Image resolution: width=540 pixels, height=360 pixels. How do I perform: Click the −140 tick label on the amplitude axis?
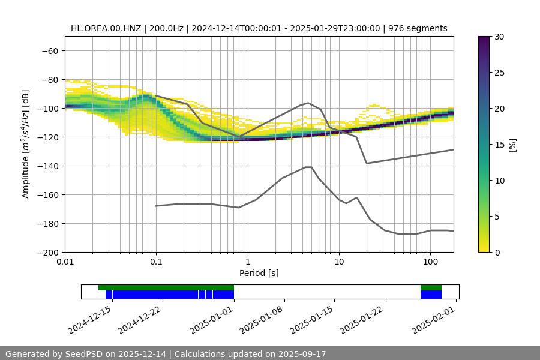click(49, 166)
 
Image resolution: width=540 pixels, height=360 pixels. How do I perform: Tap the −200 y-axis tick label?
click(49, 253)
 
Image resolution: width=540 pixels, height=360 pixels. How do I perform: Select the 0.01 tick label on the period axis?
click(65, 262)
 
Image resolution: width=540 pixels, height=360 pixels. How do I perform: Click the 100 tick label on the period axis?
click(430, 262)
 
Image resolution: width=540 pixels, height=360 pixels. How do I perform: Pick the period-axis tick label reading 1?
click(247, 262)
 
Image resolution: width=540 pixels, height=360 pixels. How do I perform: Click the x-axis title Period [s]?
click(259, 274)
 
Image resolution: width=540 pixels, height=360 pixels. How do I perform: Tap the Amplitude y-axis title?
click(26, 144)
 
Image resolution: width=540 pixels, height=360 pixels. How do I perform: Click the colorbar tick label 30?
click(499, 37)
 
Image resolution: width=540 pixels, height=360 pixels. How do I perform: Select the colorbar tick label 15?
click(499, 145)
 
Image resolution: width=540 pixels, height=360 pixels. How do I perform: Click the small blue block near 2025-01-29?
click(431, 295)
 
